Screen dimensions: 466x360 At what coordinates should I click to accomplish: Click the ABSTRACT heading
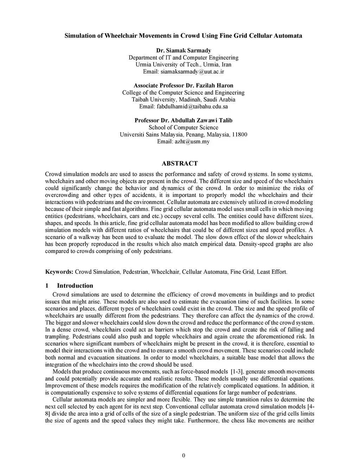click(x=180, y=163)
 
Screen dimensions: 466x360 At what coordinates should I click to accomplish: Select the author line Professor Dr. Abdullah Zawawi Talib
click(x=183, y=120)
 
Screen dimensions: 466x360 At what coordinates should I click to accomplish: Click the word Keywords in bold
click(x=59, y=272)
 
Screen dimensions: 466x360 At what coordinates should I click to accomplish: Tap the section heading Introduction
click(x=75, y=286)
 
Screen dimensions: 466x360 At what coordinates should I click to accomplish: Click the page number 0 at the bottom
click(x=184, y=456)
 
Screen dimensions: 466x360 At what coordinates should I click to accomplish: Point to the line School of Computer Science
click(x=183, y=127)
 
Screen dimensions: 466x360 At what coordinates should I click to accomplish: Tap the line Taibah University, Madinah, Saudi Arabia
click(x=183, y=100)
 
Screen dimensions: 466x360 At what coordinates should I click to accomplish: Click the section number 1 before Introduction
click(x=47, y=286)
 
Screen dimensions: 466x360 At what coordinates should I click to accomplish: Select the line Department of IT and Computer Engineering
click(x=183, y=57)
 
